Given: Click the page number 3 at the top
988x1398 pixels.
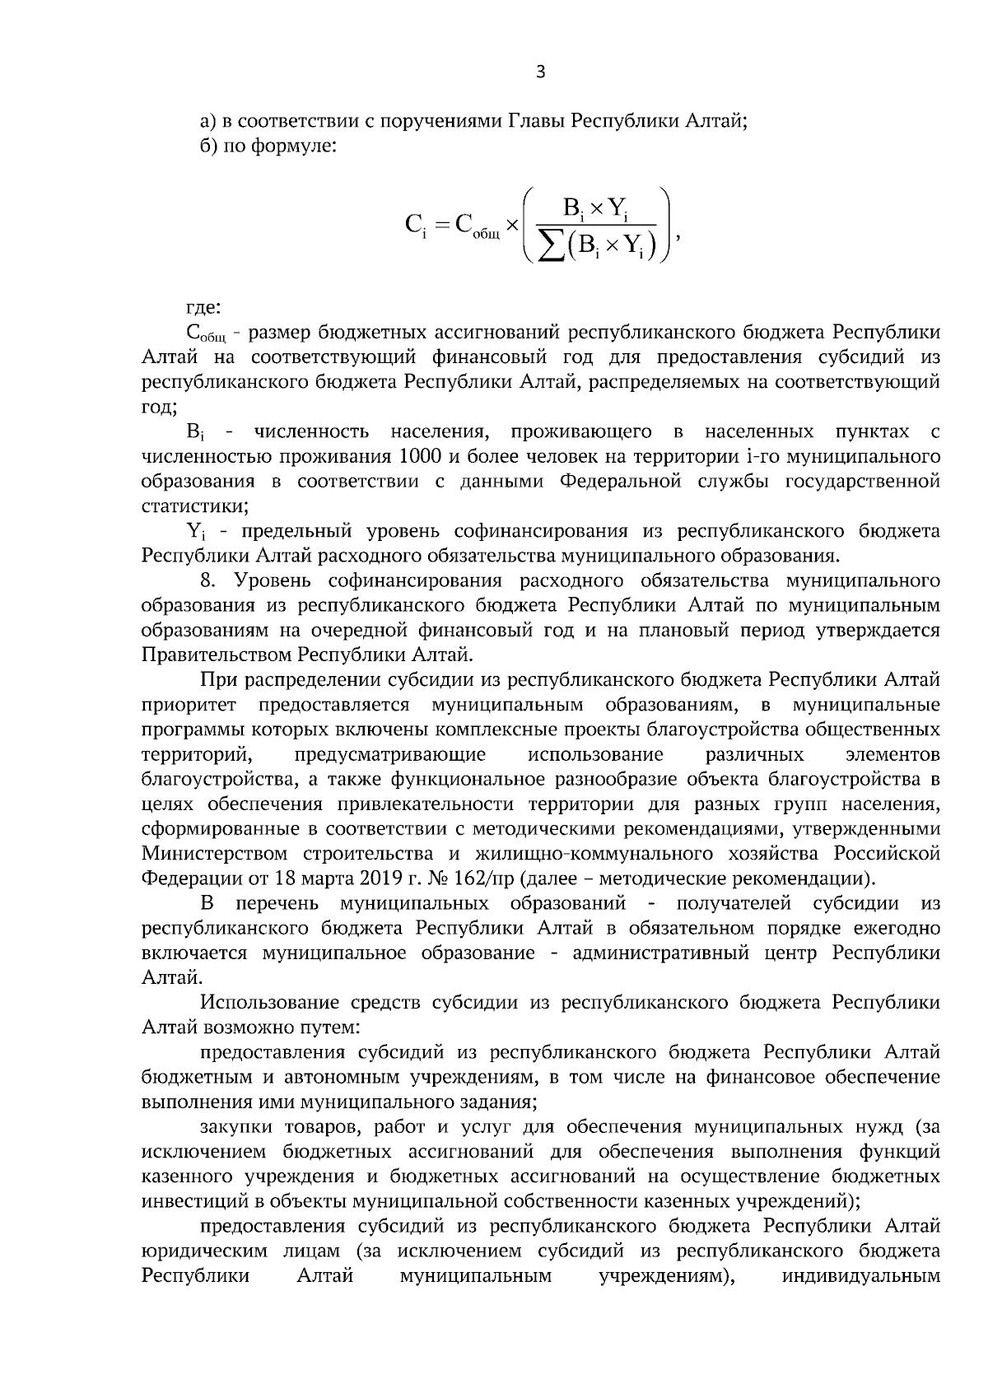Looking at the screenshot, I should tap(540, 72).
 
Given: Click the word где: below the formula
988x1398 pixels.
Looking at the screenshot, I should tap(203, 308).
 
